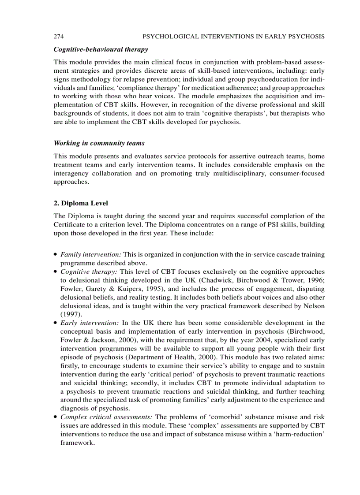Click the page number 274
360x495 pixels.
pos(59,36)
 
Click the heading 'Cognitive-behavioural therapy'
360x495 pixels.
pos(101,49)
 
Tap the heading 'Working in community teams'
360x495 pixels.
pos(99,143)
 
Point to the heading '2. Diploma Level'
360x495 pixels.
pos(81,203)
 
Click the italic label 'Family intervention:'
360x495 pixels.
pos(90,255)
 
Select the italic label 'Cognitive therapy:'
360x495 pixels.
pos(89,272)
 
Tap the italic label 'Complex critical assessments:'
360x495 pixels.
pos(107,417)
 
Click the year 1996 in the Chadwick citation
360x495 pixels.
pos(316,280)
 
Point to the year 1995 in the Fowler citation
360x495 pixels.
pos(154,289)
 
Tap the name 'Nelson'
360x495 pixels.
pos(314,306)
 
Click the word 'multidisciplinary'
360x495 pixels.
pos(222,173)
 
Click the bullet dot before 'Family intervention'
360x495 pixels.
pos(55,255)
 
